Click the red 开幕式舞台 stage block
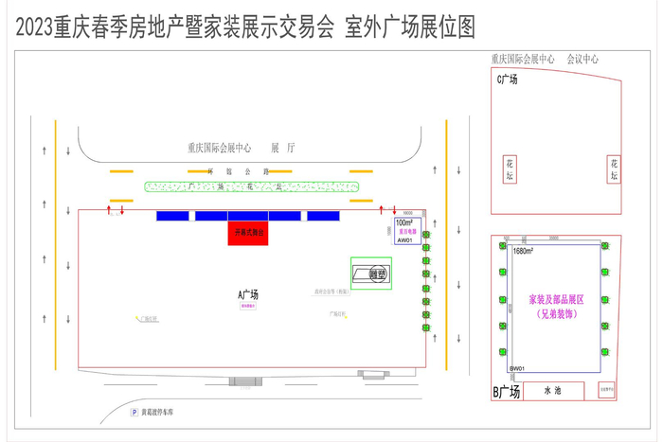tap(248, 233)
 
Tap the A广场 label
tap(247, 294)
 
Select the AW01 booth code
tap(405, 240)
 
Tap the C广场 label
tap(508, 80)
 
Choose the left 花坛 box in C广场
tap(509, 169)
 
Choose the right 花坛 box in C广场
tap(613, 169)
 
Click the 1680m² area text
tap(523, 251)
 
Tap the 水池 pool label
tap(553, 390)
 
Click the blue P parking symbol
tap(134, 413)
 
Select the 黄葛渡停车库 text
tap(165, 413)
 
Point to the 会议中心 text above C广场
tap(582, 59)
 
